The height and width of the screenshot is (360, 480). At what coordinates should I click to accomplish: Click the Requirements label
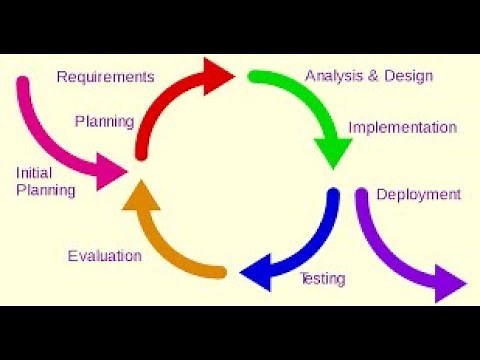[x=105, y=76]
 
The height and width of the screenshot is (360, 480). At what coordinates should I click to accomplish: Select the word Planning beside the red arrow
[x=104, y=122]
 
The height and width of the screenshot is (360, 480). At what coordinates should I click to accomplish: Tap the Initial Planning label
[x=46, y=181]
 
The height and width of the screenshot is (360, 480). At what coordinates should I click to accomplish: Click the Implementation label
[x=402, y=128]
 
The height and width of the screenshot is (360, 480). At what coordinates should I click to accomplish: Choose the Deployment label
[x=418, y=194]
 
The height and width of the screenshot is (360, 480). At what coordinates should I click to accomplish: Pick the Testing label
[x=323, y=278]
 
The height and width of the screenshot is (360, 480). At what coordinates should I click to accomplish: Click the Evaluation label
[x=104, y=256]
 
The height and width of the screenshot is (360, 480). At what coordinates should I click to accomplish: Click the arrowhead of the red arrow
[x=218, y=75]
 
